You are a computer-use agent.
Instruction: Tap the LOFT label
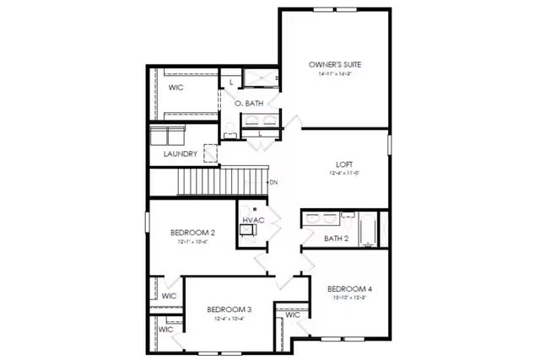click(x=344, y=164)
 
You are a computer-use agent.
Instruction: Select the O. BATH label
click(x=249, y=103)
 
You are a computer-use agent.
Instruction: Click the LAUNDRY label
click(x=181, y=154)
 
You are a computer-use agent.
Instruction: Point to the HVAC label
click(x=253, y=220)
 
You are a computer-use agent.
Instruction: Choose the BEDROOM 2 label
click(x=192, y=232)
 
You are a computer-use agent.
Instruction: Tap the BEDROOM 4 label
click(x=349, y=288)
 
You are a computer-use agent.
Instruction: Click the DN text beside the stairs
click(x=273, y=182)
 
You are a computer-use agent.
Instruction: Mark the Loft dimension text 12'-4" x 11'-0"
click(x=344, y=173)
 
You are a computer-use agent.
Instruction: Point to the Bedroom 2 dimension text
click(x=192, y=241)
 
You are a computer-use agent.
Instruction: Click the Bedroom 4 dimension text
click(x=349, y=297)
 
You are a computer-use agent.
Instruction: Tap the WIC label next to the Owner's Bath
click(x=176, y=87)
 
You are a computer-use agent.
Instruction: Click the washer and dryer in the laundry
click(x=168, y=135)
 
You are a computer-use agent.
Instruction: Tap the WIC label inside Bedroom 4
click(x=293, y=314)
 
